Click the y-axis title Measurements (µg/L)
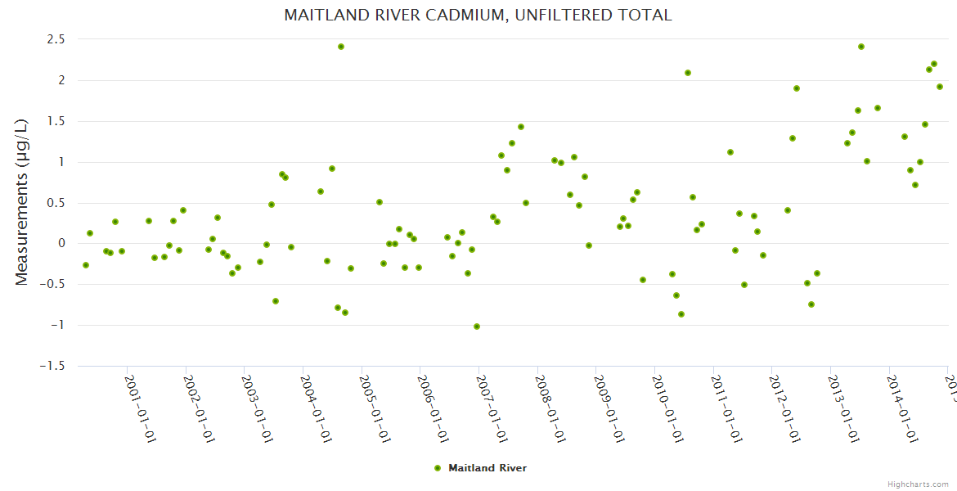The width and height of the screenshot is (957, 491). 22,201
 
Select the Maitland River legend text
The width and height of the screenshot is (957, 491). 487,468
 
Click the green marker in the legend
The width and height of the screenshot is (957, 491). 437,468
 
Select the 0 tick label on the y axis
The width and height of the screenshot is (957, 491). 61,244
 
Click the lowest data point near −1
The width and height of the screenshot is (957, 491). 477,327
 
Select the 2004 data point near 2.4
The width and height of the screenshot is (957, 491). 341,47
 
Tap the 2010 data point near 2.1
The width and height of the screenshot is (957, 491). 688,73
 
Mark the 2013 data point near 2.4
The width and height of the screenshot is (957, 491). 861,47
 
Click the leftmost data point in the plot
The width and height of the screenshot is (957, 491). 86,265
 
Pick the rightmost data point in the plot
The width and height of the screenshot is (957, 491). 940,87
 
